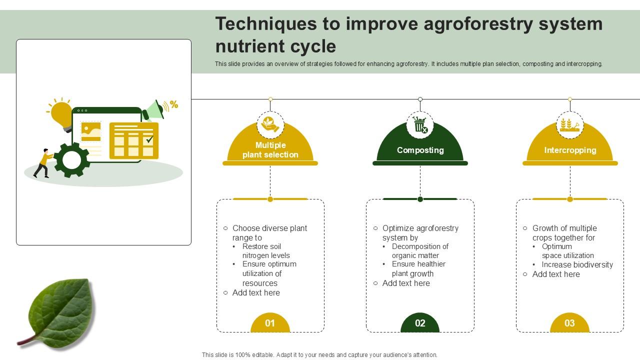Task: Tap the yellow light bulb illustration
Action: point(61,114)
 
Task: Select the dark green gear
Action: point(71,160)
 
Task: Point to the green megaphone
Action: point(153,110)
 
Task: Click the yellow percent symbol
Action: point(174,104)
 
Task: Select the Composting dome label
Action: point(420,150)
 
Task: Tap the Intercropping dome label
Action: point(570,150)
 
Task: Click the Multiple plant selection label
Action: point(270,150)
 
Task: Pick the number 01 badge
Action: point(270,323)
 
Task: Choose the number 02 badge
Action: point(420,323)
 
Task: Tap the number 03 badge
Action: point(569,323)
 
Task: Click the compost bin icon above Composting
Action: point(420,125)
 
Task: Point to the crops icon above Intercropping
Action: point(570,125)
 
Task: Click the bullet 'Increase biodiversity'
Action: point(577,264)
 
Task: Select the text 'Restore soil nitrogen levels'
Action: point(265,251)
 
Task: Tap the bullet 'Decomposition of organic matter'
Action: point(419,251)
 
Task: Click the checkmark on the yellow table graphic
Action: point(149,139)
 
